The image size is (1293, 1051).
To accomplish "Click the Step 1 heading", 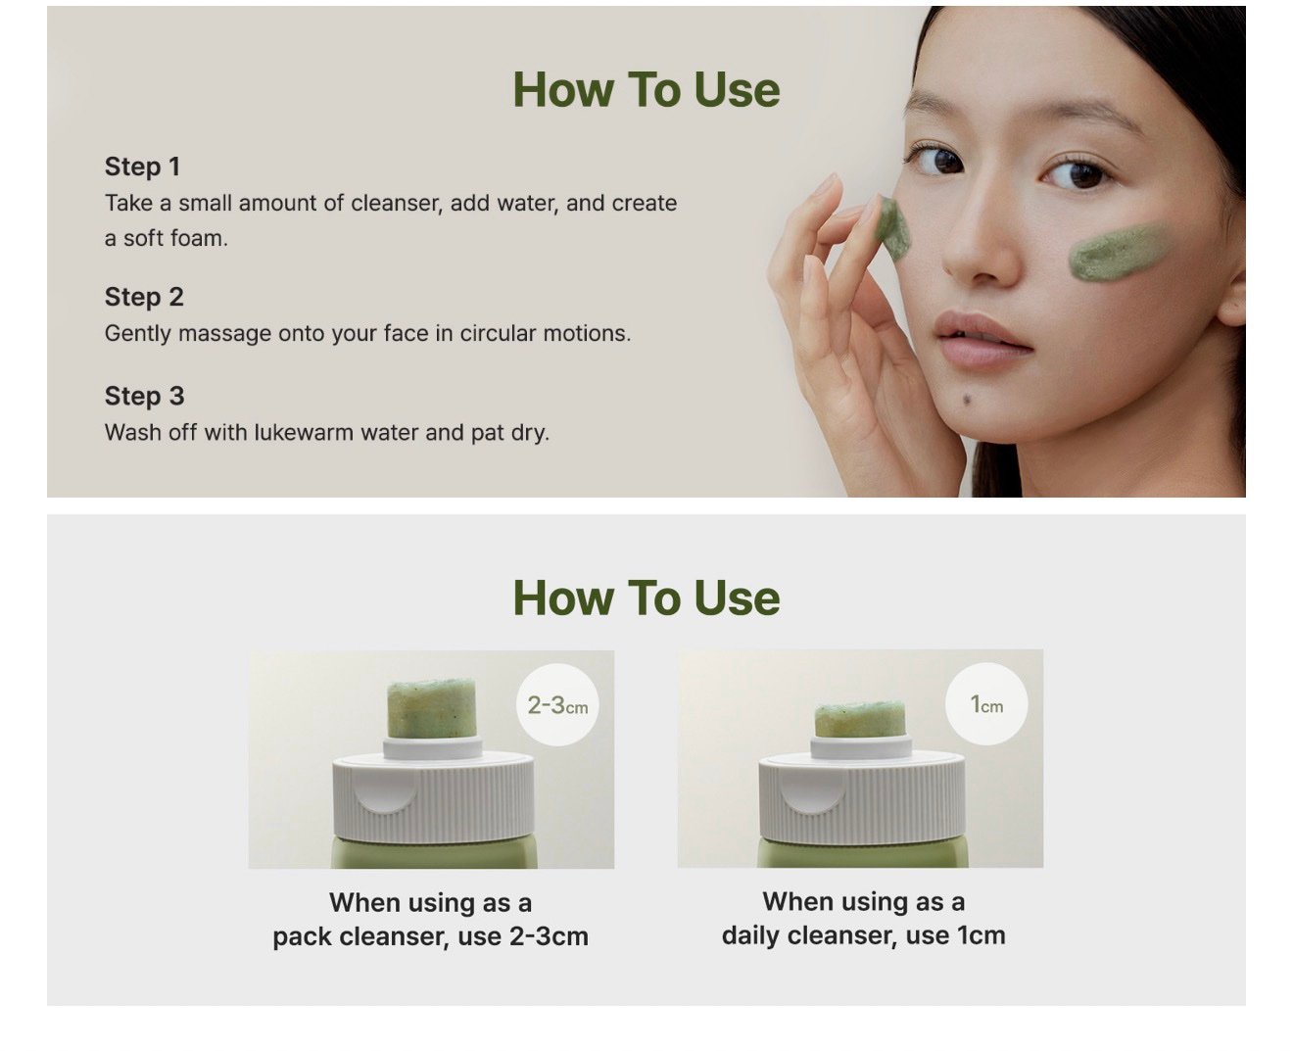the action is tap(142, 167).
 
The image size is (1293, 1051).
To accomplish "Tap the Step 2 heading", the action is tap(144, 297).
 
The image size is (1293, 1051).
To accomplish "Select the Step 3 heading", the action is tap(144, 396).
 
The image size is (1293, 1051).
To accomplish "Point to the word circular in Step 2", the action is tap(498, 333).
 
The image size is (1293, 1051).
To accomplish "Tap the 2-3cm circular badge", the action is tap(557, 704).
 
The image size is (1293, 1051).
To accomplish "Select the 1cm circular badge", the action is tap(986, 704).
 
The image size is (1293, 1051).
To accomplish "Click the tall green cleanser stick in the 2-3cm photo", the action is tap(431, 708).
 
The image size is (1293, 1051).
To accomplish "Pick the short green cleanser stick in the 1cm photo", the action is tap(860, 719).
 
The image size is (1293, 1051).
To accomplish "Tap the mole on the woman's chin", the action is tap(967, 400).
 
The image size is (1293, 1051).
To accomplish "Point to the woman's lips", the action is tap(982, 339).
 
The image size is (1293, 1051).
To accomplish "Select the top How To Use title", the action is tap(646, 90).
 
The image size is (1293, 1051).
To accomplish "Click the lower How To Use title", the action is tap(646, 597).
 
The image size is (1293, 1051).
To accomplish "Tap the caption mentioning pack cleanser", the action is tap(430, 920).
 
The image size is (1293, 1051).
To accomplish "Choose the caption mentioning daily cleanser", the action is tap(863, 918).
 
